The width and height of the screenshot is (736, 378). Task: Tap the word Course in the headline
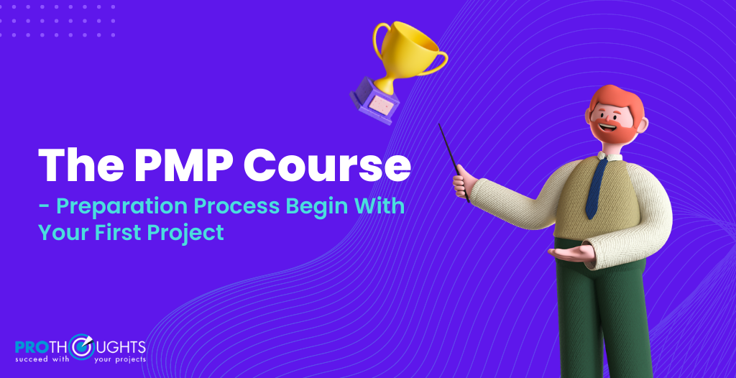pos(327,165)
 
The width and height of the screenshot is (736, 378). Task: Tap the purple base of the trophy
pos(374,100)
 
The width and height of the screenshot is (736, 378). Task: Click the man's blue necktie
pos(596,188)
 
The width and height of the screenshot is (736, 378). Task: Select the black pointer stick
pos(454,162)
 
